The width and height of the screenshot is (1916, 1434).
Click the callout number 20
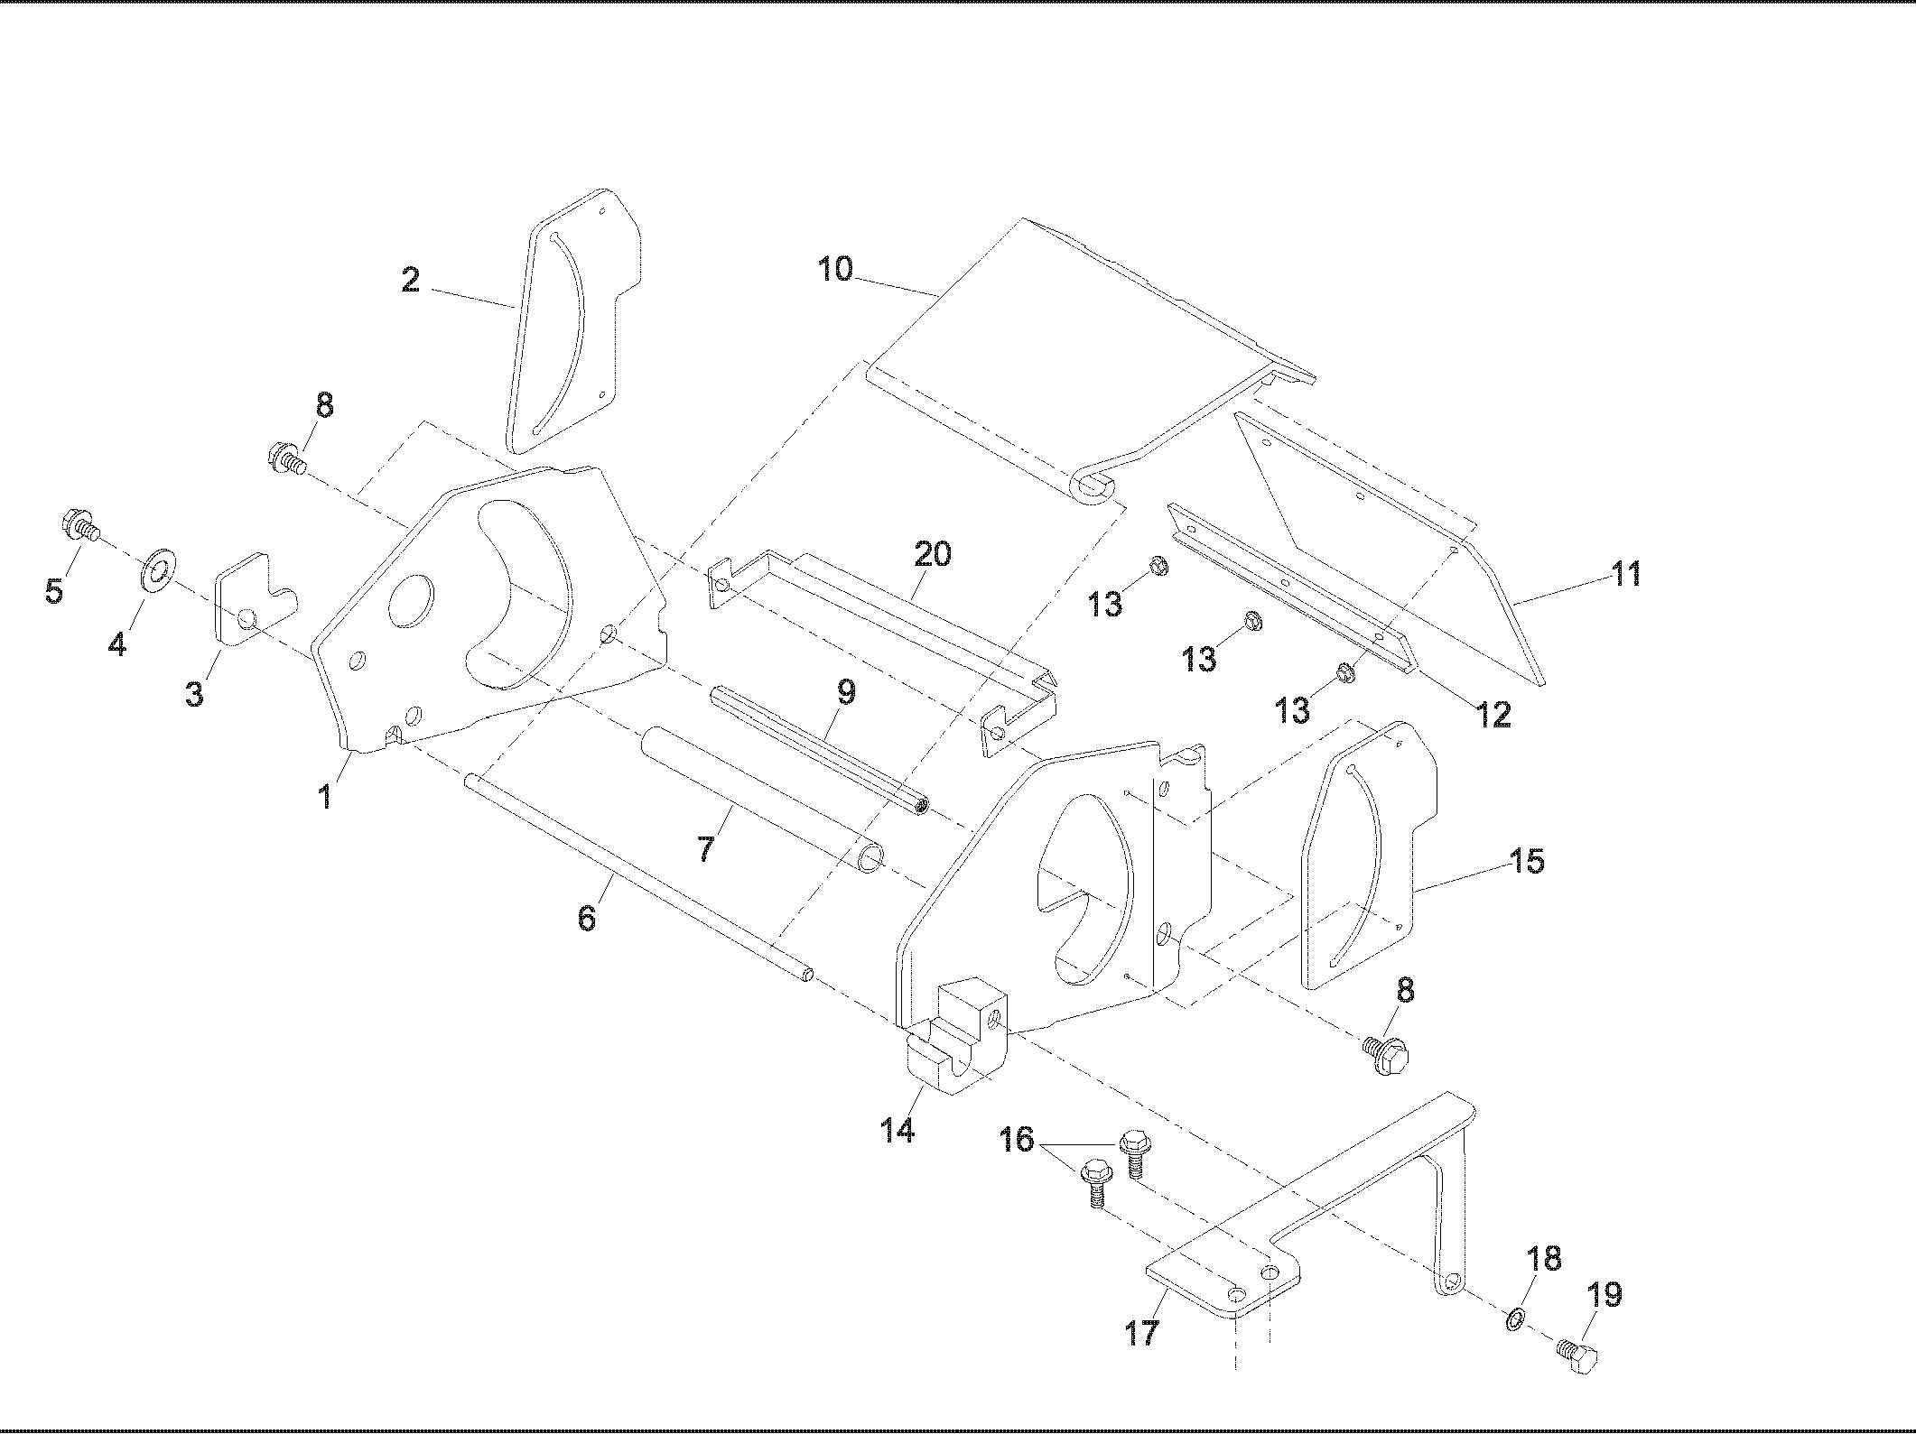tap(933, 553)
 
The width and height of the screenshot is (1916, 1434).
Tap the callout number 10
tap(835, 269)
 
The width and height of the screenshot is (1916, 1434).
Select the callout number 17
tap(1142, 1332)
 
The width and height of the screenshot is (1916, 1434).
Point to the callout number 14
tap(898, 1129)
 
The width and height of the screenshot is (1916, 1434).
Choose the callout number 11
tap(1626, 573)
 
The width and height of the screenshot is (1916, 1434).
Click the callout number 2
tap(411, 280)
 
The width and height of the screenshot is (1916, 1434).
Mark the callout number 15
tap(1527, 860)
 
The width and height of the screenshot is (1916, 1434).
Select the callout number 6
tap(587, 919)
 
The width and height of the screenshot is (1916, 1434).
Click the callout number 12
tap(1493, 716)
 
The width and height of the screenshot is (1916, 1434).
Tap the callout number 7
tap(704, 847)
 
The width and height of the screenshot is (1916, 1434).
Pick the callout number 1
tap(325, 796)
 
